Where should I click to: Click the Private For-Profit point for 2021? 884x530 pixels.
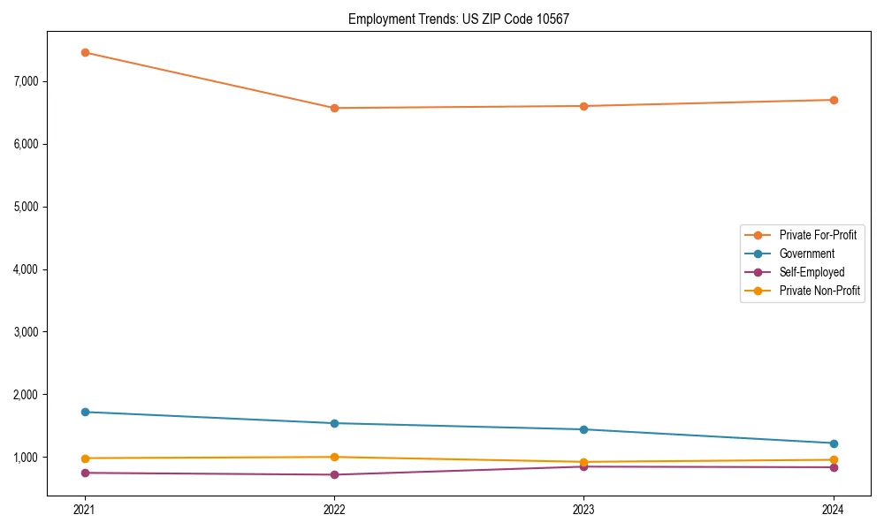coord(85,52)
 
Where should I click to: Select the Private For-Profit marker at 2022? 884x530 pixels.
coord(334,108)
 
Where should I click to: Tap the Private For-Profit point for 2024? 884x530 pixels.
coord(834,100)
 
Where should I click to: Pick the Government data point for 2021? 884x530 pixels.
coord(85,412)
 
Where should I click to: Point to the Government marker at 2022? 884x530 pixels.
coord(334,423)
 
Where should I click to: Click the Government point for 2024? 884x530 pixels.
coord(834,443)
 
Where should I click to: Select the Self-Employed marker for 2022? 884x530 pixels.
coord(334,474)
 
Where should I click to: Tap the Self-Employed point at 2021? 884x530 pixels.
coord(85,473)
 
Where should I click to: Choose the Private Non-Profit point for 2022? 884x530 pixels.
coord(334,457)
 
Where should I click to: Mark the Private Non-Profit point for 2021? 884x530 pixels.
coord(85,458)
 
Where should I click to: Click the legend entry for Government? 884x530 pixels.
coord(806,254)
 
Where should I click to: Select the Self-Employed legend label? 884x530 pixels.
coord(812,272)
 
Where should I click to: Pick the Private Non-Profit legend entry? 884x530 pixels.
coord(819,291)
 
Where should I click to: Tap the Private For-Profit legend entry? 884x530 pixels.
coord(817,235)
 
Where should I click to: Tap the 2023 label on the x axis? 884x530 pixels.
coord(584,510)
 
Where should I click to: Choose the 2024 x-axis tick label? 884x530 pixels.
coord(834,510)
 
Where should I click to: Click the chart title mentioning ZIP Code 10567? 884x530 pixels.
coord(459,19)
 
